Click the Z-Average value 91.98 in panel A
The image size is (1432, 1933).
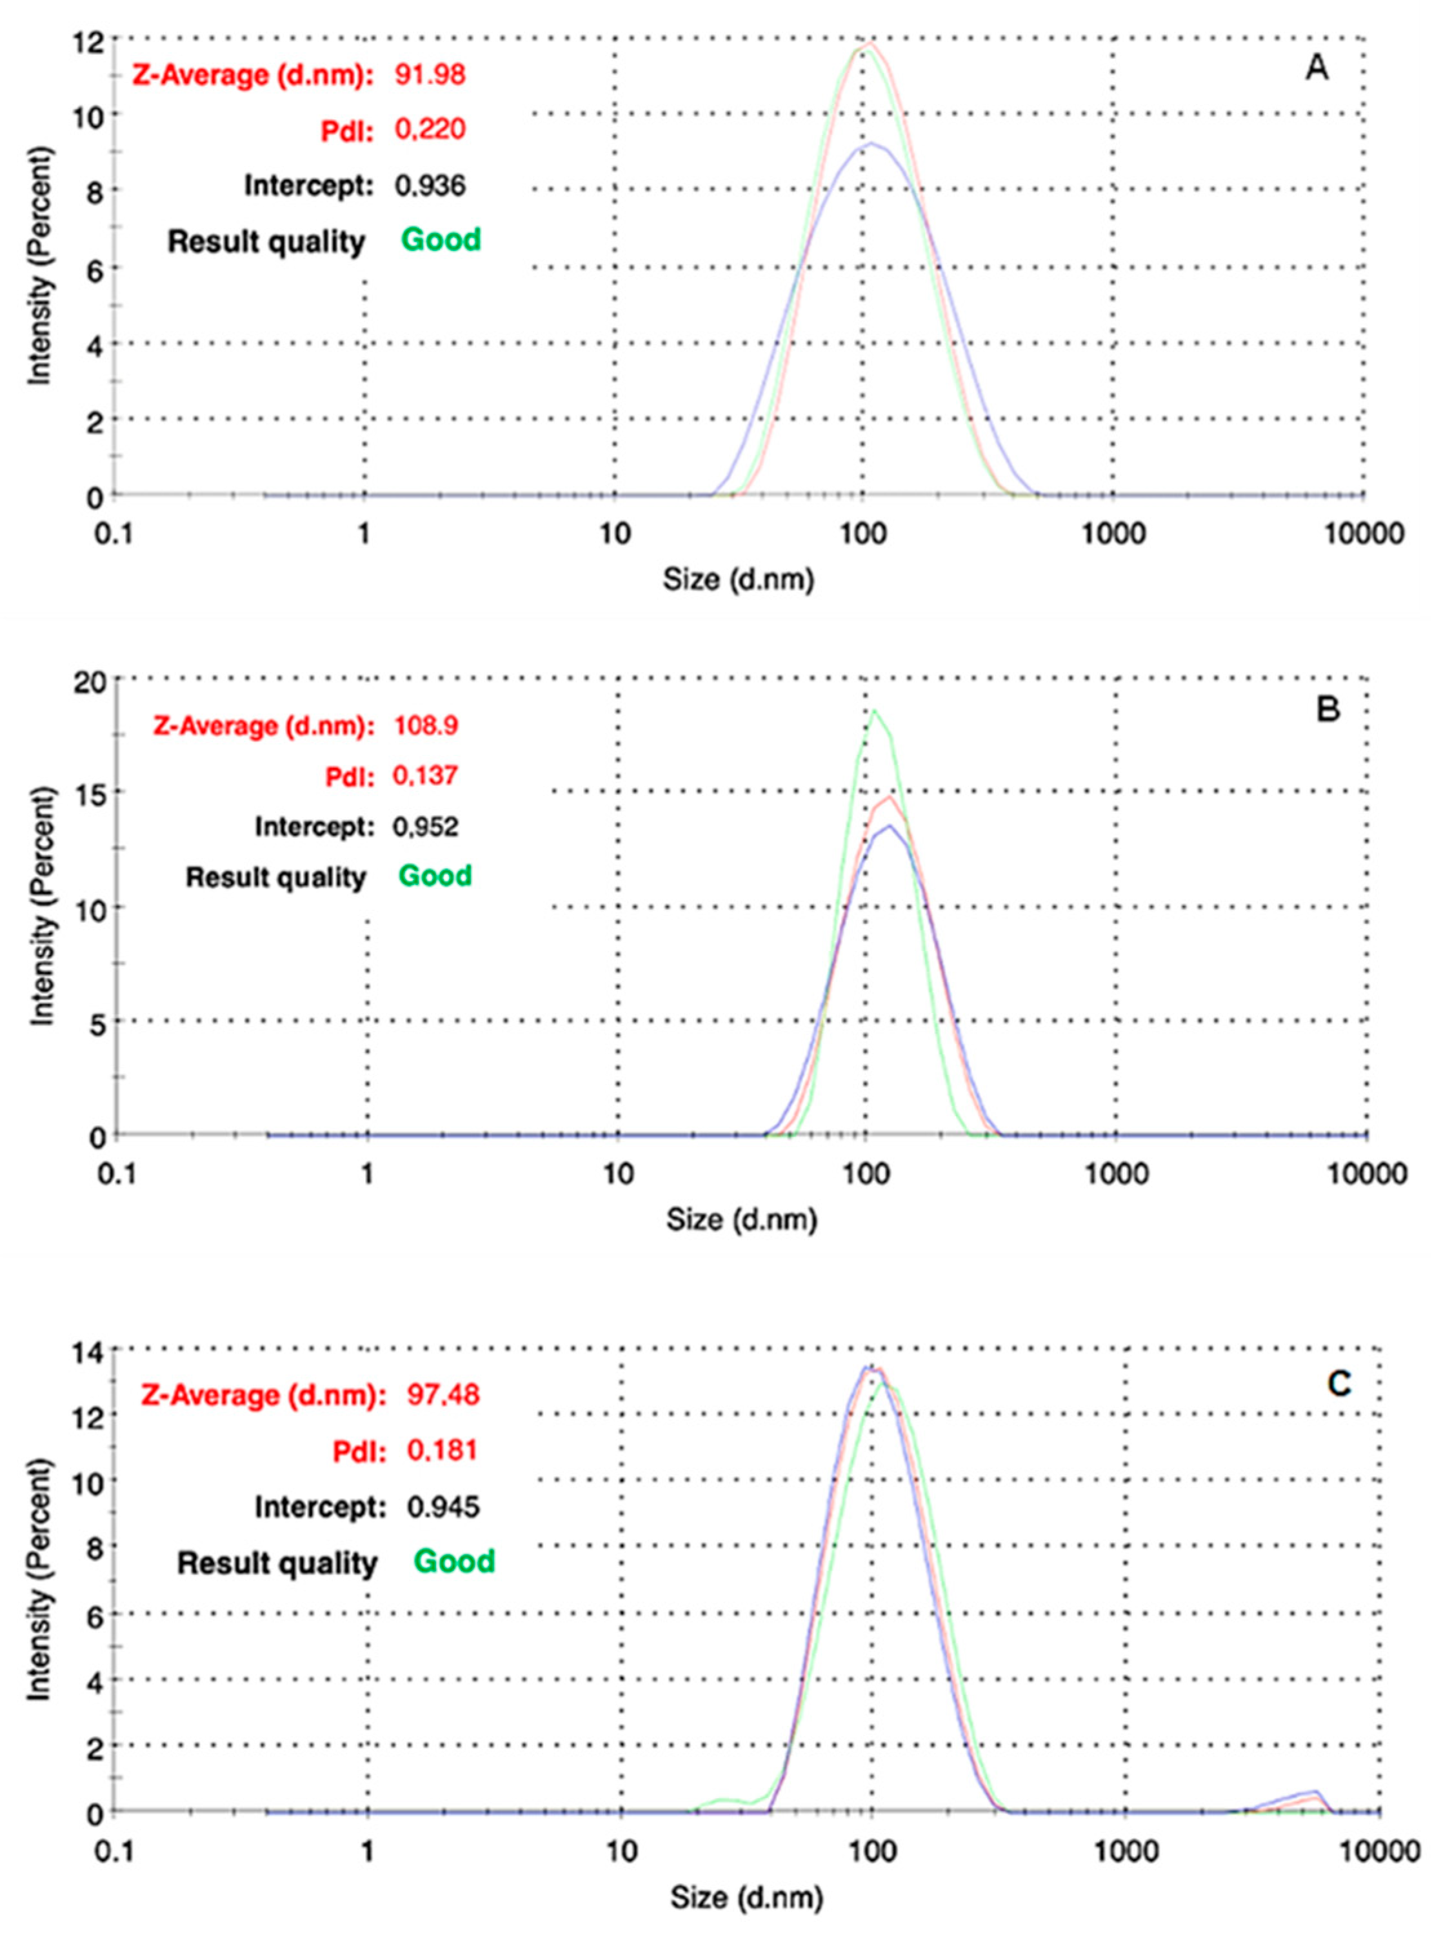coord(430,75)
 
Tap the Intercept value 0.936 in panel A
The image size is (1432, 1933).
coord(430,186)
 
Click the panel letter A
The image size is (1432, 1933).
coord(1316,68)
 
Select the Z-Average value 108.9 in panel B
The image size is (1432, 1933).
coord(426,725)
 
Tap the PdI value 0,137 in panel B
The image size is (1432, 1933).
coord(424,775)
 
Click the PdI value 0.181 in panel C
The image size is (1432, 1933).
coord(442,1450)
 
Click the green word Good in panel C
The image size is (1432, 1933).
coord(454,1561)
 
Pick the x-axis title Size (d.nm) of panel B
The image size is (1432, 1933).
coord(741,1221)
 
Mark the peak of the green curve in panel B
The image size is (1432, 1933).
coord(874,712)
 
